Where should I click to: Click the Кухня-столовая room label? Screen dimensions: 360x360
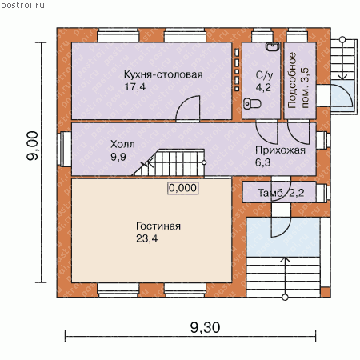coord(163,74)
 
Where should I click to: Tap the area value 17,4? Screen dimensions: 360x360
coord(135,87)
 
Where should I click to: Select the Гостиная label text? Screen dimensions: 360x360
coord(158,226)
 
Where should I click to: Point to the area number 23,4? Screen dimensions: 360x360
coord(147,238)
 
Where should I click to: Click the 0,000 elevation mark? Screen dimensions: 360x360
coord(183,188)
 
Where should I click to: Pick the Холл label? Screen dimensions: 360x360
coord(122,144)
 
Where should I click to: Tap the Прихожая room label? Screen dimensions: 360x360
coord(280,150)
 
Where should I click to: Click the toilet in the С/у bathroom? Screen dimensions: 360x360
coord(252,103)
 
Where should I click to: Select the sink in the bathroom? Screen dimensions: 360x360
coord(273,46)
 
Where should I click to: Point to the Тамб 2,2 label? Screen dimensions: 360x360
coord(281,193)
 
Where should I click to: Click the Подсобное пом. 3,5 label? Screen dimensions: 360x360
coord(298,80)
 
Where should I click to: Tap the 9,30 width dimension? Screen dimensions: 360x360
coord(205,327)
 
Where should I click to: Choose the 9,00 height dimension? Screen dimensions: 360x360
coord(33,146)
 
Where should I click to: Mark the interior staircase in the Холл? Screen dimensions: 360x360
coord(169,162)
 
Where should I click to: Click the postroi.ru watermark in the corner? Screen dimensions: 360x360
coord(23,6)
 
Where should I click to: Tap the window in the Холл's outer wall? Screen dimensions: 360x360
coord(64,150)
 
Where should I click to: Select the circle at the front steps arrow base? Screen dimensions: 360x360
coord(285,298)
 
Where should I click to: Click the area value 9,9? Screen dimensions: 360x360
coord(118,157)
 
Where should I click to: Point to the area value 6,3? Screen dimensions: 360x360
coord(262,162)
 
